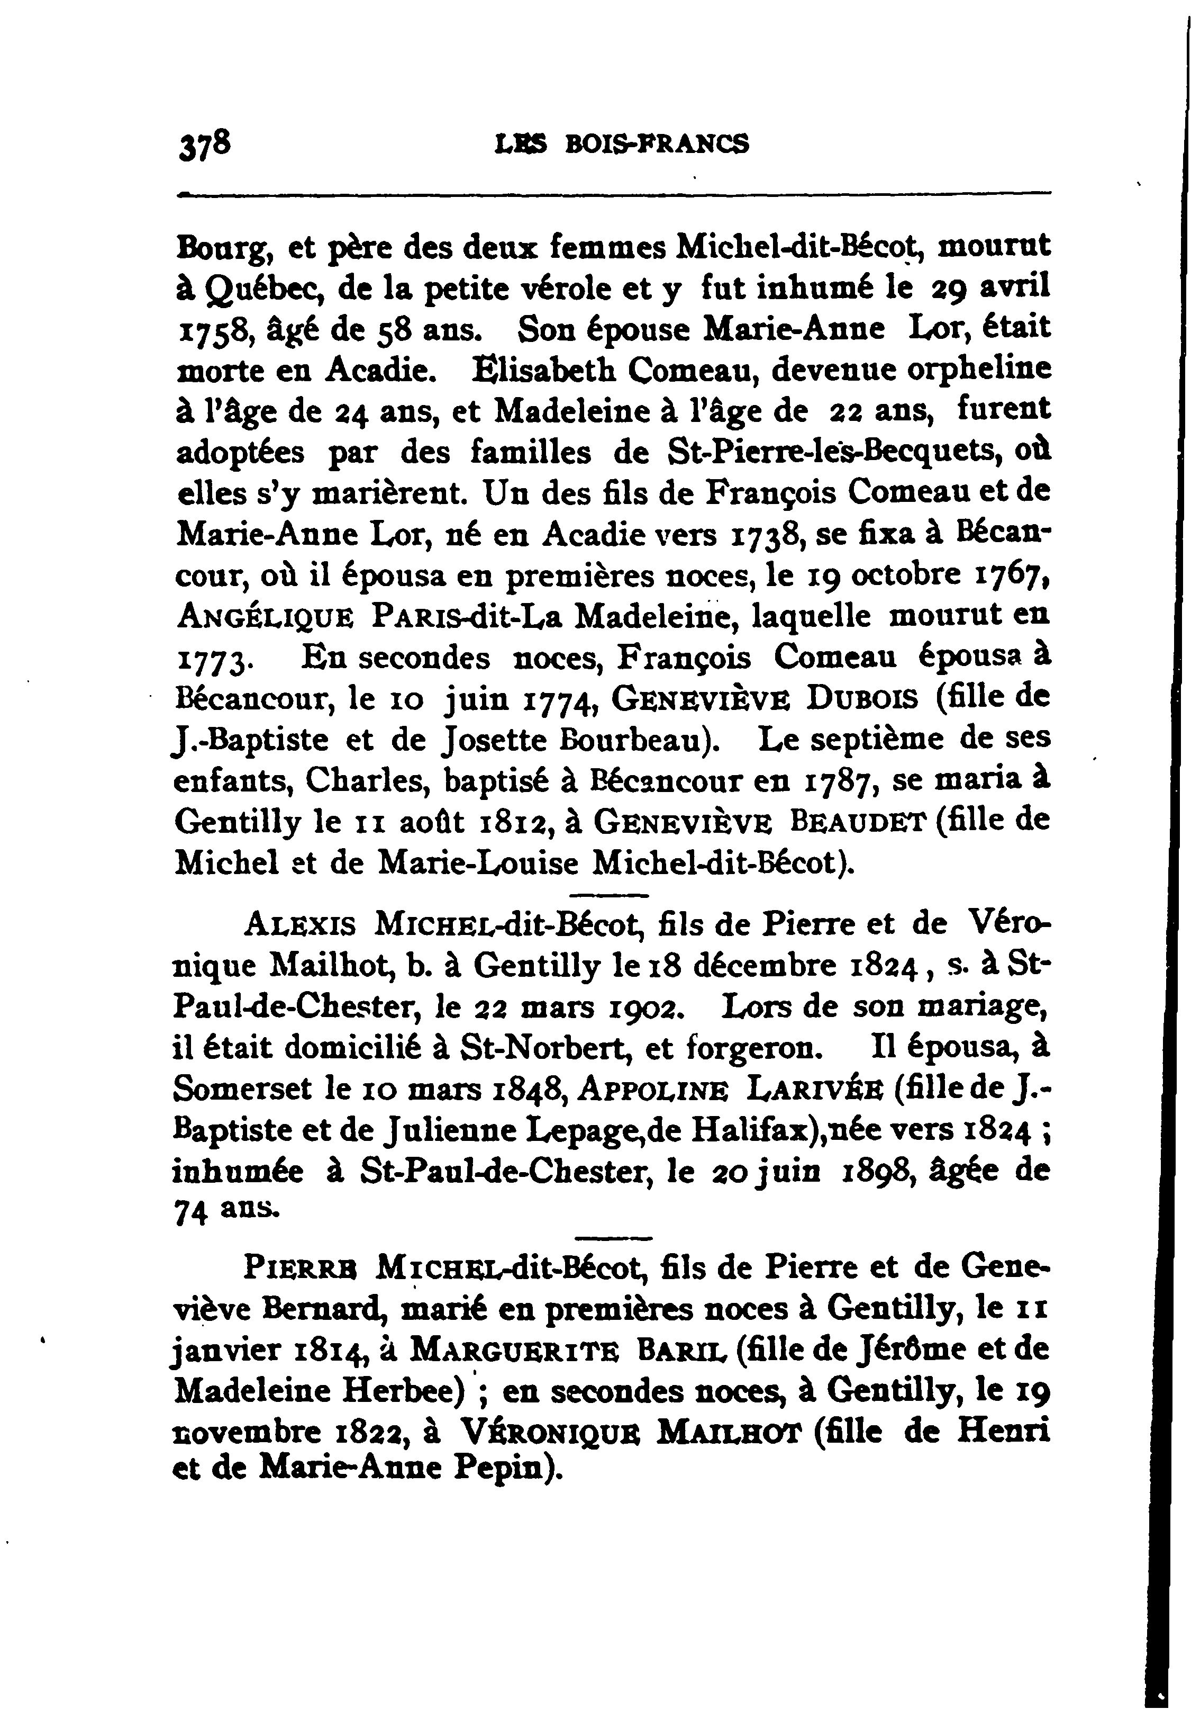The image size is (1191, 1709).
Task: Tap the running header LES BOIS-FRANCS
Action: coord(621,143)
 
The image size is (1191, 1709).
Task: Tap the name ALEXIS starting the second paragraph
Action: coord(299,925)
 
